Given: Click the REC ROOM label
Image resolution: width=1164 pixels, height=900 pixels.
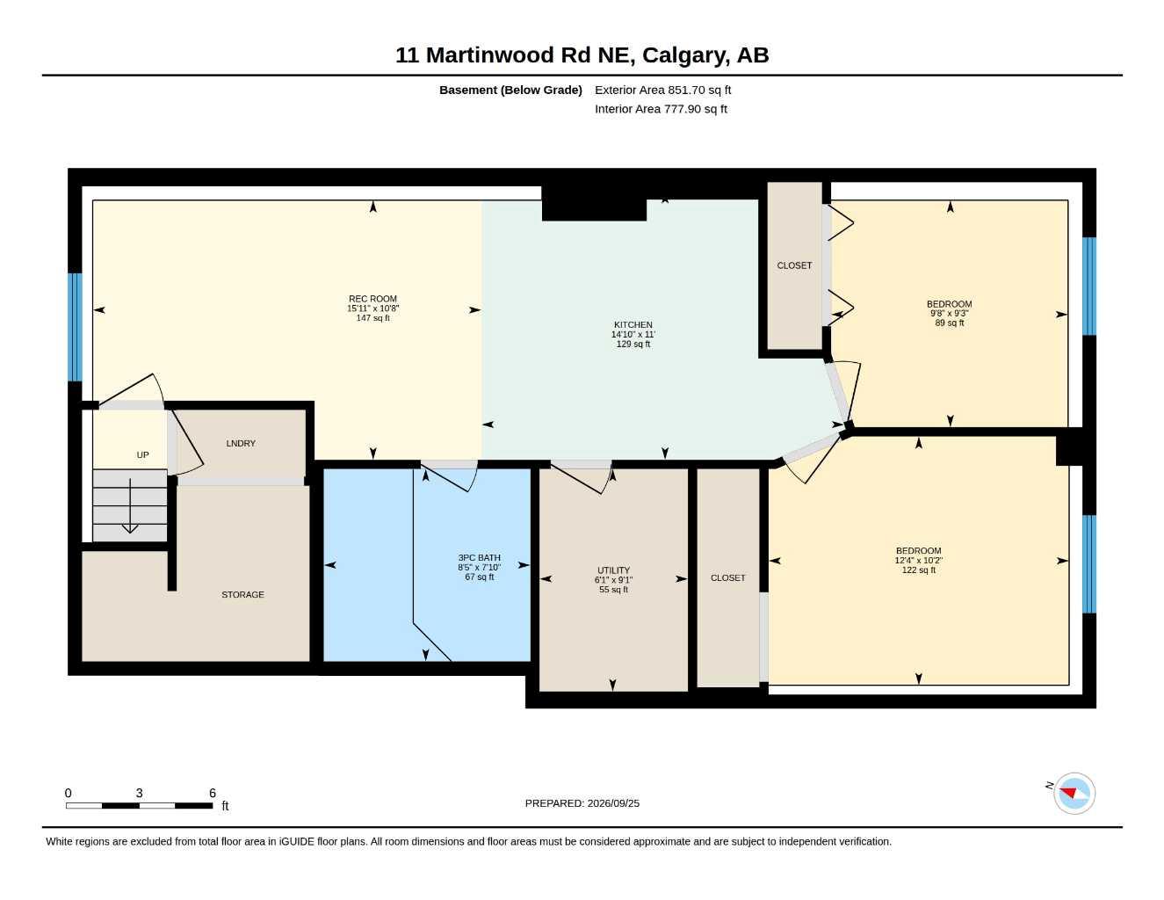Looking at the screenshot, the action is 372,299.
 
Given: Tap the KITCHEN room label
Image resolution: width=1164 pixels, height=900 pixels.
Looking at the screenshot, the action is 633,324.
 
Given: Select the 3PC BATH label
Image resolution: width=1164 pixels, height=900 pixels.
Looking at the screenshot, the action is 479,558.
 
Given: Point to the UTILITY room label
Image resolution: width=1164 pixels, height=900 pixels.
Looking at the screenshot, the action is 613,570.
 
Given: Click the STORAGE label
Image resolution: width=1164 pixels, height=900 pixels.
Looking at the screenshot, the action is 242,595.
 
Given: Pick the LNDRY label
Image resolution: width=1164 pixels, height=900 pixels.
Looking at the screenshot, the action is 241,444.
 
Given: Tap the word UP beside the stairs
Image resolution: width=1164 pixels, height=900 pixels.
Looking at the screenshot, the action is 142,455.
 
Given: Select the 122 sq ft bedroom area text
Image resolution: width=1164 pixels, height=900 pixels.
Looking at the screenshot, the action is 919,570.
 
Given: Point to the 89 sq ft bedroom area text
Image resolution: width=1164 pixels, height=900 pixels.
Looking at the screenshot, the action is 949,323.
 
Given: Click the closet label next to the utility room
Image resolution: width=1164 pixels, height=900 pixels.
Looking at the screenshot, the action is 728,578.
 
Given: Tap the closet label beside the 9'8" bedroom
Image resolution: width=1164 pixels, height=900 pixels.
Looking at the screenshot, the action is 794,265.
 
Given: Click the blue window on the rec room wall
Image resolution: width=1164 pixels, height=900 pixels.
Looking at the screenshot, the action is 75,327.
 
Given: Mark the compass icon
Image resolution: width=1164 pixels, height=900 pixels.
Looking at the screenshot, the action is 1074,794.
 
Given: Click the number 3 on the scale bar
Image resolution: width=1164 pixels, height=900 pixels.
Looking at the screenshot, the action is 140,793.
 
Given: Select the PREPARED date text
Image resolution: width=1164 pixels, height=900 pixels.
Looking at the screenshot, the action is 582,803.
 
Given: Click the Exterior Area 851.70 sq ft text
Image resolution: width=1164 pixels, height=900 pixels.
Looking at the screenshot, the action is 662,90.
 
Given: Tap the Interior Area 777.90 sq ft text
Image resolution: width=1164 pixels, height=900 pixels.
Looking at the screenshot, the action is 661,109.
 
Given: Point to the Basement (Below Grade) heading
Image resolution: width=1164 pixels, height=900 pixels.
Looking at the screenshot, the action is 510,90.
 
